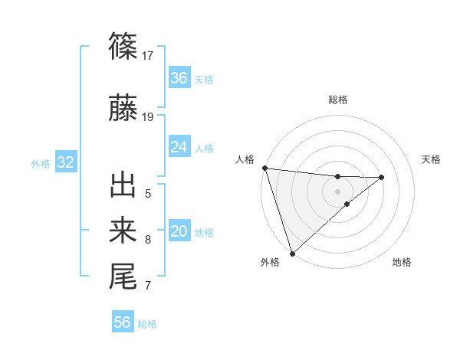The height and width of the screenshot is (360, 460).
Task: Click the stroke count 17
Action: click(148, 55)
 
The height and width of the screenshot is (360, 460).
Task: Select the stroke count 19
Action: click(148, 116)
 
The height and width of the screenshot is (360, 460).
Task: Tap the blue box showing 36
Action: click(179, 78)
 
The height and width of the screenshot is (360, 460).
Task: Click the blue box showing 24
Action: click(179, 147)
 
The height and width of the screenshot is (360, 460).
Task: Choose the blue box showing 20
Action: click(179, 232)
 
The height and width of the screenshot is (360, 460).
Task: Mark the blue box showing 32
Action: click(65, 162)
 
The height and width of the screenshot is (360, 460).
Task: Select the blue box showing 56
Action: click(123, 322)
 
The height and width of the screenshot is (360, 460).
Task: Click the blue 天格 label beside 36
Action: click(204, 80)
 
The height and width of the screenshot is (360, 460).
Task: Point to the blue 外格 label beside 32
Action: click(41, 164)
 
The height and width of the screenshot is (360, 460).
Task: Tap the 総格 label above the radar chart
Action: click(338, 100)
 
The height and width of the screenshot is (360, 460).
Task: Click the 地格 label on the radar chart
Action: click(402, 263)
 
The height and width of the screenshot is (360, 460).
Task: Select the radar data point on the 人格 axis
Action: click(264, 168)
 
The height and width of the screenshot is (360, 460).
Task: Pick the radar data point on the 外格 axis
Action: click(292, 253)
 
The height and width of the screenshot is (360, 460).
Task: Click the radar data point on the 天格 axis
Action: click(382, 177)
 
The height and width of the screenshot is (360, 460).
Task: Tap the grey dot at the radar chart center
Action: click(338, 191)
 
